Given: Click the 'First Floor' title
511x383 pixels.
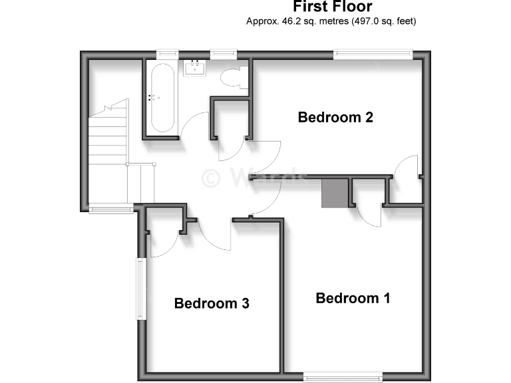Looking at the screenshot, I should point(332,7).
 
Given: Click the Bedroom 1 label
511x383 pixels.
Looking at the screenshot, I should point(353,298).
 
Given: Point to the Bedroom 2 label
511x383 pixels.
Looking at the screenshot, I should point(335,118).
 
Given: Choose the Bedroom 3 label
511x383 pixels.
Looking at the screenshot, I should point(212,303).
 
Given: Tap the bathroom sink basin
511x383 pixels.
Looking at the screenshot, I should point(196,68).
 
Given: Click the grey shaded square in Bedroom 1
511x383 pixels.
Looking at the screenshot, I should point(335,193).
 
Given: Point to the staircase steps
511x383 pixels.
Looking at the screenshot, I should point(108,133).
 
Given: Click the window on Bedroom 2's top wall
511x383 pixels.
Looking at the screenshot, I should point(373,54).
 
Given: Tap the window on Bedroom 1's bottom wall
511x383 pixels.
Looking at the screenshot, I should point(343,377).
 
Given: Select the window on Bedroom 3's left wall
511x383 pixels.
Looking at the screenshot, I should point(140,289).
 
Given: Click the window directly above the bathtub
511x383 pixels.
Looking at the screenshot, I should point(168,54).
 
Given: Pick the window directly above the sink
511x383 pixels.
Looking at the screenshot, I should point(224,54).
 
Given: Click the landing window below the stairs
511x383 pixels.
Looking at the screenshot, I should point(111,209).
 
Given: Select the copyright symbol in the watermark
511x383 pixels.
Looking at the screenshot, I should point(212,177).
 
